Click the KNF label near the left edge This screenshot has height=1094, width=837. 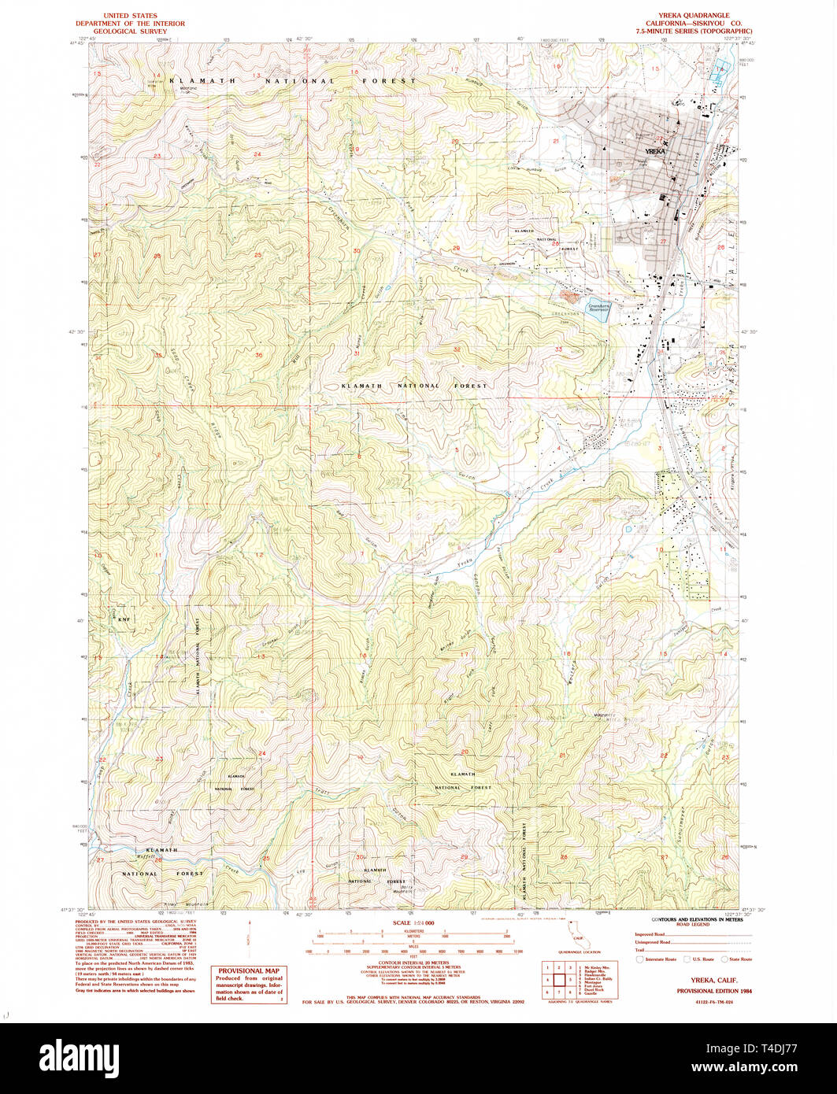click(x=122, y=620)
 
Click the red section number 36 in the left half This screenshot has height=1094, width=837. click(x=258, y=355)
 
